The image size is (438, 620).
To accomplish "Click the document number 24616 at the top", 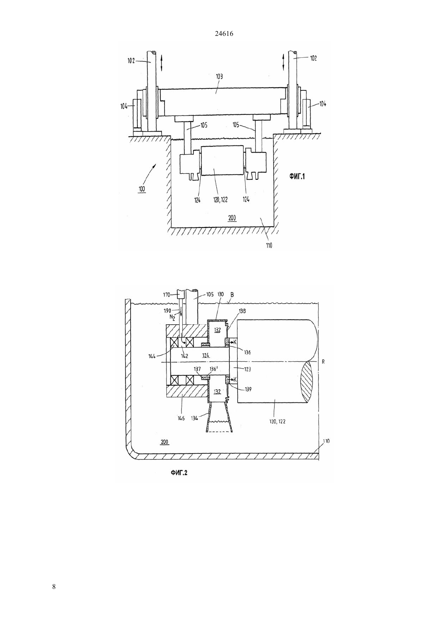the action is tap(224, 34).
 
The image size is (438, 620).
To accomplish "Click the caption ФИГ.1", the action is tap(297, 176).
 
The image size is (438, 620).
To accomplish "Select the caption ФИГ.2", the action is tap(179, 473).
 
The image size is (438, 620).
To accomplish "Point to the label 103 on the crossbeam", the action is tap(219, 77).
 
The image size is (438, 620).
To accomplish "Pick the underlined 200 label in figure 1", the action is tap(232, 218).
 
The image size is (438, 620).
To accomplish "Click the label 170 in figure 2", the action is tap(166, 295).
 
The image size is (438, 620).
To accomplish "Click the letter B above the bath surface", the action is tap(232, 295).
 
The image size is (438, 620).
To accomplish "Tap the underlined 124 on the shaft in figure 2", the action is tap(206, 355).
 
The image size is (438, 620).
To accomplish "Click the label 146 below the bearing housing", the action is tap(181, 418).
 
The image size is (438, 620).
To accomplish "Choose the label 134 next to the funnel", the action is tap(194, 418).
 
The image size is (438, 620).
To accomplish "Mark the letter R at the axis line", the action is tap(323, 361).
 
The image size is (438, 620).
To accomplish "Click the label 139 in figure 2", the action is tap(248, 389).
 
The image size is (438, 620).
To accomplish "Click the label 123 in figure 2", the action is tap(247, 369).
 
